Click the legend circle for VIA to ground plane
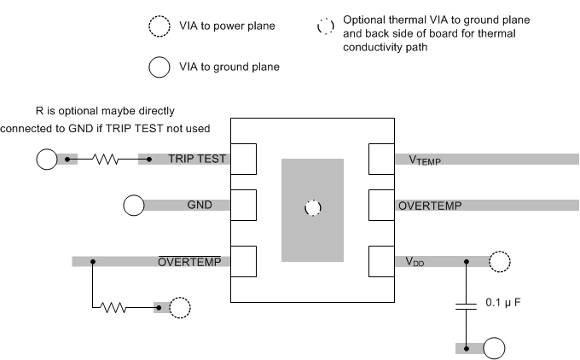(159, 66)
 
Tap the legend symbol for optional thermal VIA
(325, 26)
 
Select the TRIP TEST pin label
(198, 159)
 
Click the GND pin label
(200, 205)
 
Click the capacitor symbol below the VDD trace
(466, 306)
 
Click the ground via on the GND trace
(134, 205)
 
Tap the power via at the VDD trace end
(500, 262)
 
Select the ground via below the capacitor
(494, 348)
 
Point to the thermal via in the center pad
(312, 208)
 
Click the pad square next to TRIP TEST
(244, 159)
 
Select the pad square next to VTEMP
(380, 159)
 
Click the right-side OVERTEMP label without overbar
(430, 206)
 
